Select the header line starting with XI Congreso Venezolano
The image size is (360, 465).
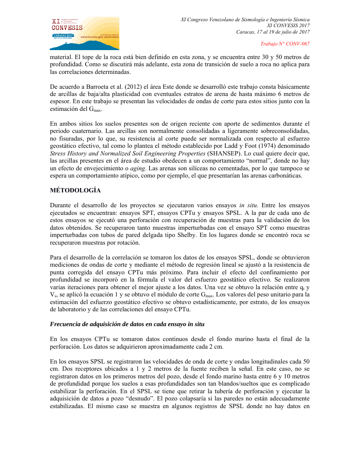point(245,20)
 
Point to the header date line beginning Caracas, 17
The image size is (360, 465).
point(273,32)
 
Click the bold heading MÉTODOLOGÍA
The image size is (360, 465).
point(75,190)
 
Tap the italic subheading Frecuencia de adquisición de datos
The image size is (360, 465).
point(127,324)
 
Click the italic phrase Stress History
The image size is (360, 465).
point(69,153)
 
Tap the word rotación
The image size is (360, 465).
point(128,243)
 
